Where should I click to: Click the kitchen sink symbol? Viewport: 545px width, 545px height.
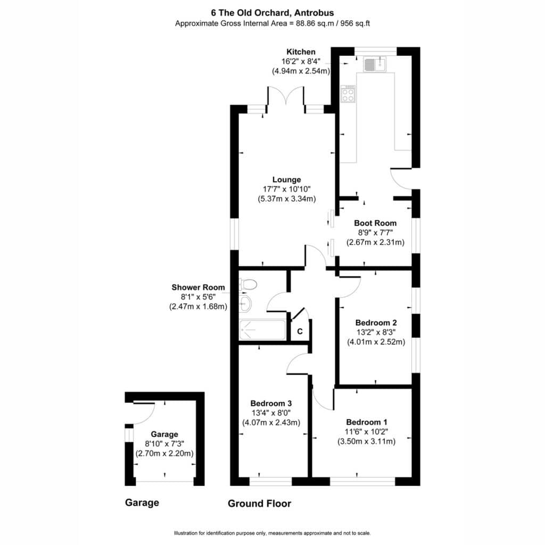[374, 64]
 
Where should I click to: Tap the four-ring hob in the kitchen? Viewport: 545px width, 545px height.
[348, 94]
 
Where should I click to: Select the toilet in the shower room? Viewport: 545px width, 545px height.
[247, 285]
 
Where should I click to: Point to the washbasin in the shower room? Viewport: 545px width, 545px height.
[245, 304]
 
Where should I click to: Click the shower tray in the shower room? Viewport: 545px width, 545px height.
[262, 330]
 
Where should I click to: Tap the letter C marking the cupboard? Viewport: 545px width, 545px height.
[300, 332]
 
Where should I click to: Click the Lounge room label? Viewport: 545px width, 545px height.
[286, 180]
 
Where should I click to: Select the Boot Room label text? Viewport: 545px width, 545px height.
[375, 223]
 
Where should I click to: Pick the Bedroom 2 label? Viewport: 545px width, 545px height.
[376, 323]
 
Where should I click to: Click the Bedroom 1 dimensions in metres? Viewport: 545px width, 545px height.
[366, 442]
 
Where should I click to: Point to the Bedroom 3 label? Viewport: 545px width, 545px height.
[271, 403]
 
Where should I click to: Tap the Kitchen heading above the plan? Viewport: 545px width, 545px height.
[301, 52]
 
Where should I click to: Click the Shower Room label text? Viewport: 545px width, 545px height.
[198, 287]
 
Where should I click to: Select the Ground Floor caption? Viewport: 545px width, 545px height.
[260, 503]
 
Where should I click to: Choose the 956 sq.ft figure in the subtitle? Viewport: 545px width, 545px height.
[355, 23]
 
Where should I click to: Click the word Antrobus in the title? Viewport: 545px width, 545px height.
[314, 13]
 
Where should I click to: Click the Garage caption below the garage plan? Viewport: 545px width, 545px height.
[142, 503]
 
